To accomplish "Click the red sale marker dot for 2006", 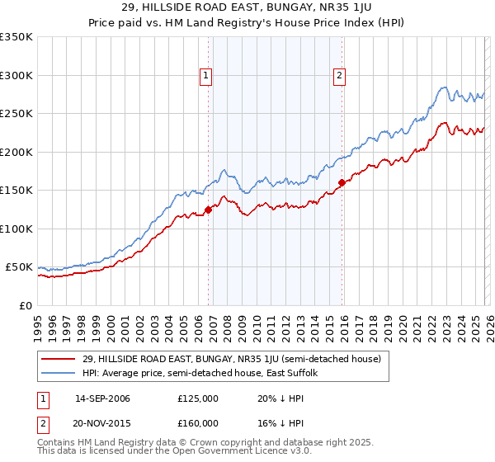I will pyautogui.click(x=208, y=210).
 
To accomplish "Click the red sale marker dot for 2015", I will pyautogui.click(x=342, y=182).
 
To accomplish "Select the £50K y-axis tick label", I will pyautogui.click(x=19, y=267).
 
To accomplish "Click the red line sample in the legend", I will pyautogui.click(x=59, y=360).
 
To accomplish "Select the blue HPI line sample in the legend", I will pyautogui.click(x=59, y=374).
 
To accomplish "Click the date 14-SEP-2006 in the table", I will pyautogui.click(x=102, y=398).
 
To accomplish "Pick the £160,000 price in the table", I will pyautogui.click(x=198, y=422).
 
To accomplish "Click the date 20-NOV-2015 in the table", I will pyautogui.click(x=102, y=422).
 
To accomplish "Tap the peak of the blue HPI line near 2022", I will pyautogui.click(x=444, y=87).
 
